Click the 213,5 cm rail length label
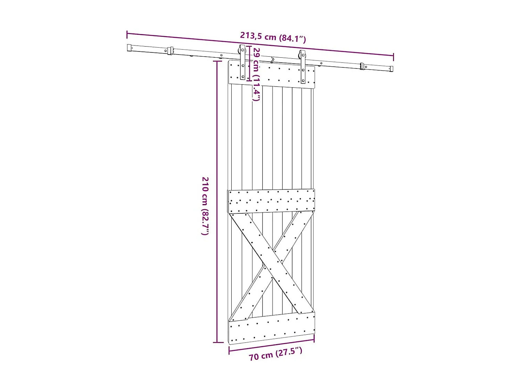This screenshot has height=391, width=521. pos(273,36)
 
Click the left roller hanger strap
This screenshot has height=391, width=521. pos(243,63)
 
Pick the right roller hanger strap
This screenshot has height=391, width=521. pos(303,67)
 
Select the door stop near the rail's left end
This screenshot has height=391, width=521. pos(170,51)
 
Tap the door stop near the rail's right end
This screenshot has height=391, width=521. pos(362,66)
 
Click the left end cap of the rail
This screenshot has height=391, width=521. pos(130,48)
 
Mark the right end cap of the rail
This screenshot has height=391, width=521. pos(391,69)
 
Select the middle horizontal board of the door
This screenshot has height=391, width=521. pos(272,201)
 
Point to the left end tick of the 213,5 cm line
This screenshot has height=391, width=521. pos(127,34)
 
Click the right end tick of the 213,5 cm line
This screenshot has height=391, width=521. pos(393,57)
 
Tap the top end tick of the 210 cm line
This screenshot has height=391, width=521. pos(217,61)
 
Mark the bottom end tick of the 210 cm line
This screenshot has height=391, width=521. pos(218,342)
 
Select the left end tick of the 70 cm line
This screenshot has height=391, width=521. pos(229,350)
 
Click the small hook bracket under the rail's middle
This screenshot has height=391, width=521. pos(272,60)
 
